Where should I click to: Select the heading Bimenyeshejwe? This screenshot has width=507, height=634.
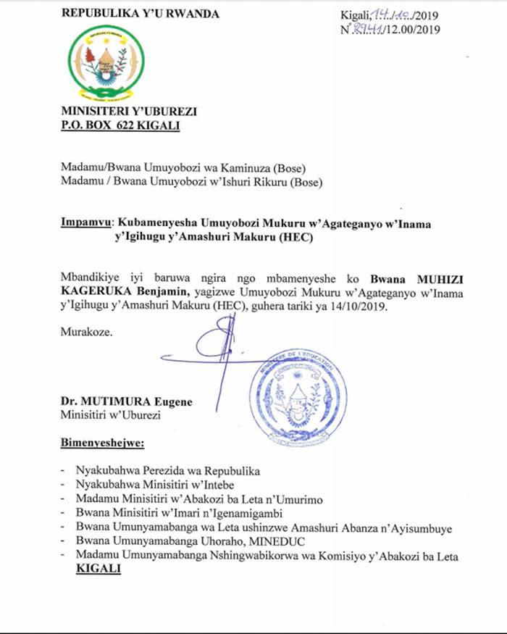101,442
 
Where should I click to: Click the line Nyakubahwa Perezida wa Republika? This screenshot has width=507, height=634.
167,472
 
